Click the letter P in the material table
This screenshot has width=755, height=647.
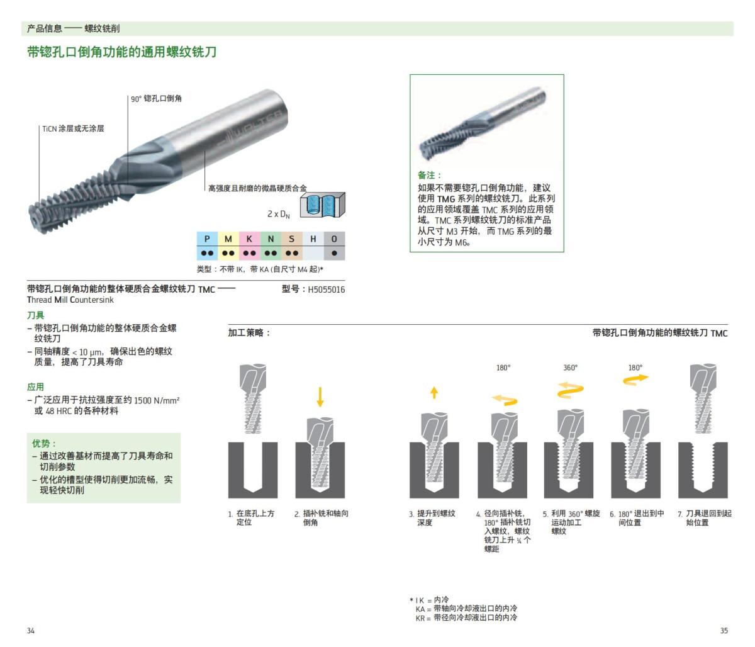(x=206, y=239)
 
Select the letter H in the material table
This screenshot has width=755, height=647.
(x=313, y=239)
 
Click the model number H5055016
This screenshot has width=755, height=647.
(x=326, y=290)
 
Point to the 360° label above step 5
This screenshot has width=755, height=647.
(x=570, y=368)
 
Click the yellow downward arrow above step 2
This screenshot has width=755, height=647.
(x=320, y=397)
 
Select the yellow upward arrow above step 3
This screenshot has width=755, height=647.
(x=434, y=392)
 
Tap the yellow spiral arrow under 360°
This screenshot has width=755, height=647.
(x=570, y=390)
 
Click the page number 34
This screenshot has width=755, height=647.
(x=31, y=630)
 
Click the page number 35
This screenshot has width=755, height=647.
(x=724, y=630)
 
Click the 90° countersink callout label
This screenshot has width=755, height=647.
(x=156, y=99)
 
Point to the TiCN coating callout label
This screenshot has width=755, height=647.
(x=73, y=128)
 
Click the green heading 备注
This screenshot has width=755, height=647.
(x=430, y=175)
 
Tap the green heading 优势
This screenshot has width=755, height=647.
(x=45, y=443)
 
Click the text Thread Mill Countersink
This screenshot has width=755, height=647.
(x=70, y=300)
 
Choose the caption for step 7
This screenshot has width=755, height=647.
(x=705, y=518)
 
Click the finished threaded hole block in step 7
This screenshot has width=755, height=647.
(x=703, y=470)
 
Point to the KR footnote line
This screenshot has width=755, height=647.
(x=466, y=618)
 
